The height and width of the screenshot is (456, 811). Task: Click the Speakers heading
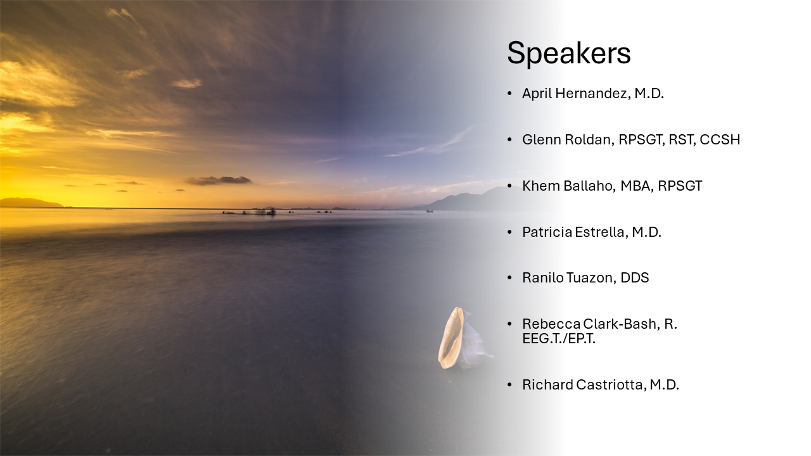tap(569, 54)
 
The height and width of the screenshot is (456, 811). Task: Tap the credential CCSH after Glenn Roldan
tap(720, 140)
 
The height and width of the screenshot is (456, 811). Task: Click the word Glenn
tap(541, 140)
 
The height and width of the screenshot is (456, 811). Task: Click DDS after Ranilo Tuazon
tap(635, 278)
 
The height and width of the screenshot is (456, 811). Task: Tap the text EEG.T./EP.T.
tap(559, 339)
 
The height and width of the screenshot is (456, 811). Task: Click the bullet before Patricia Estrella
tap(510, 232)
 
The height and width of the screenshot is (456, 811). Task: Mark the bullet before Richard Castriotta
tap(510, 384)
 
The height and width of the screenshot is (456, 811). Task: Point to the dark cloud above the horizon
tap(219, 180)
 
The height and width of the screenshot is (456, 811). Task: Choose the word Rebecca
tap(551, 324)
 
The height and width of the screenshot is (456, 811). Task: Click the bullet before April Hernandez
tap(510, 94)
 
